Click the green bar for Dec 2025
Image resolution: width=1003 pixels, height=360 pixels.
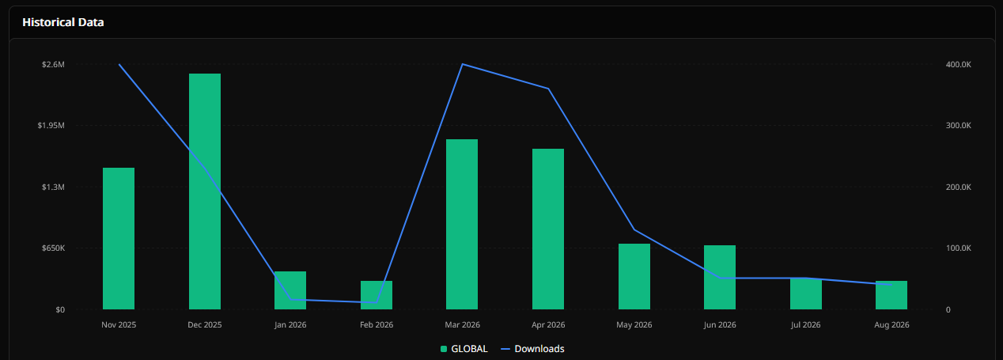[205, 191]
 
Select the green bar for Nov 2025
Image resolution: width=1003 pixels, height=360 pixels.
[119, 238]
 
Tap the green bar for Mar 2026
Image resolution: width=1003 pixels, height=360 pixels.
[462, 224]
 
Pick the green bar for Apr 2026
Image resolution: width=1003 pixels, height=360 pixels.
[548, 229]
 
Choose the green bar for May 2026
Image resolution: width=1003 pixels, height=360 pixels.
[634, 276]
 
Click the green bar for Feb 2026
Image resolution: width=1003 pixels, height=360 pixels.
[377, 294]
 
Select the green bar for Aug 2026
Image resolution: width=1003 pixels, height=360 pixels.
[891, 295]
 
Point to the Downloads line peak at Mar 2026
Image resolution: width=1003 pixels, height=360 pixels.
[462, 64]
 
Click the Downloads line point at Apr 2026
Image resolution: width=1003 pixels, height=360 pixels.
[548, 89]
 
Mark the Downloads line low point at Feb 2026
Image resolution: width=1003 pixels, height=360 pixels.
[377, 303]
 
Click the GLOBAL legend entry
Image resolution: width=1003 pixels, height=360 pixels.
[464, 349]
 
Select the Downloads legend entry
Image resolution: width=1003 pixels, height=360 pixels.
[532, 349]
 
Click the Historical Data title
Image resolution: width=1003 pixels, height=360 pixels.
[63, 22]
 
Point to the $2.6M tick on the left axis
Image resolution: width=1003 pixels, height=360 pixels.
[53, 64]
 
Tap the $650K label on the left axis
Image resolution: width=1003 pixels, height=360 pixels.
[53, 248]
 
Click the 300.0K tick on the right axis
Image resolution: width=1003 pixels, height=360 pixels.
[958, 125]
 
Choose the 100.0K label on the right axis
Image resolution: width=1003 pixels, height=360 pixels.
[958, 248]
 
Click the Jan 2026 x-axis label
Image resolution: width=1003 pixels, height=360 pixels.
[290, 324]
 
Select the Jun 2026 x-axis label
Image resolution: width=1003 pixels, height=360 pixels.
[720, 324]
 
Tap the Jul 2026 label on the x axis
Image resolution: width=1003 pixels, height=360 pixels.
[805, 324]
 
